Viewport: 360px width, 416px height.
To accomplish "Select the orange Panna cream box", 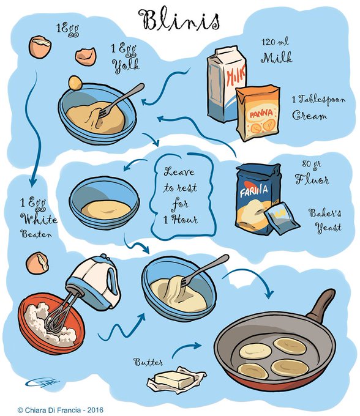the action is pos(258,113).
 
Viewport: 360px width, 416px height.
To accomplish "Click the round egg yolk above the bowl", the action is pos(75,83).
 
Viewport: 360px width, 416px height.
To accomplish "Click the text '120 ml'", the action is pos(275,42).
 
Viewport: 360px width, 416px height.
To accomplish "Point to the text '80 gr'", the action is pos(311,165).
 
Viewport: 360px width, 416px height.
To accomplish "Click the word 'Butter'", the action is pos(148,362).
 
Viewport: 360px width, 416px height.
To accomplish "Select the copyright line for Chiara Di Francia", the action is pos(60,410).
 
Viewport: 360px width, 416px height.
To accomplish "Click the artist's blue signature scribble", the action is pos(42,383).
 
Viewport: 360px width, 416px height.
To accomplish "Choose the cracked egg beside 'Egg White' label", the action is pos(37,263).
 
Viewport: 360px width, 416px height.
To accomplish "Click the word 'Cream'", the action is pos(309,116).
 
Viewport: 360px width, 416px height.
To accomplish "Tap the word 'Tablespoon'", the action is pos(322,100).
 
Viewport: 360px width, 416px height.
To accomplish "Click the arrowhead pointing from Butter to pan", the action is pos(197,346).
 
